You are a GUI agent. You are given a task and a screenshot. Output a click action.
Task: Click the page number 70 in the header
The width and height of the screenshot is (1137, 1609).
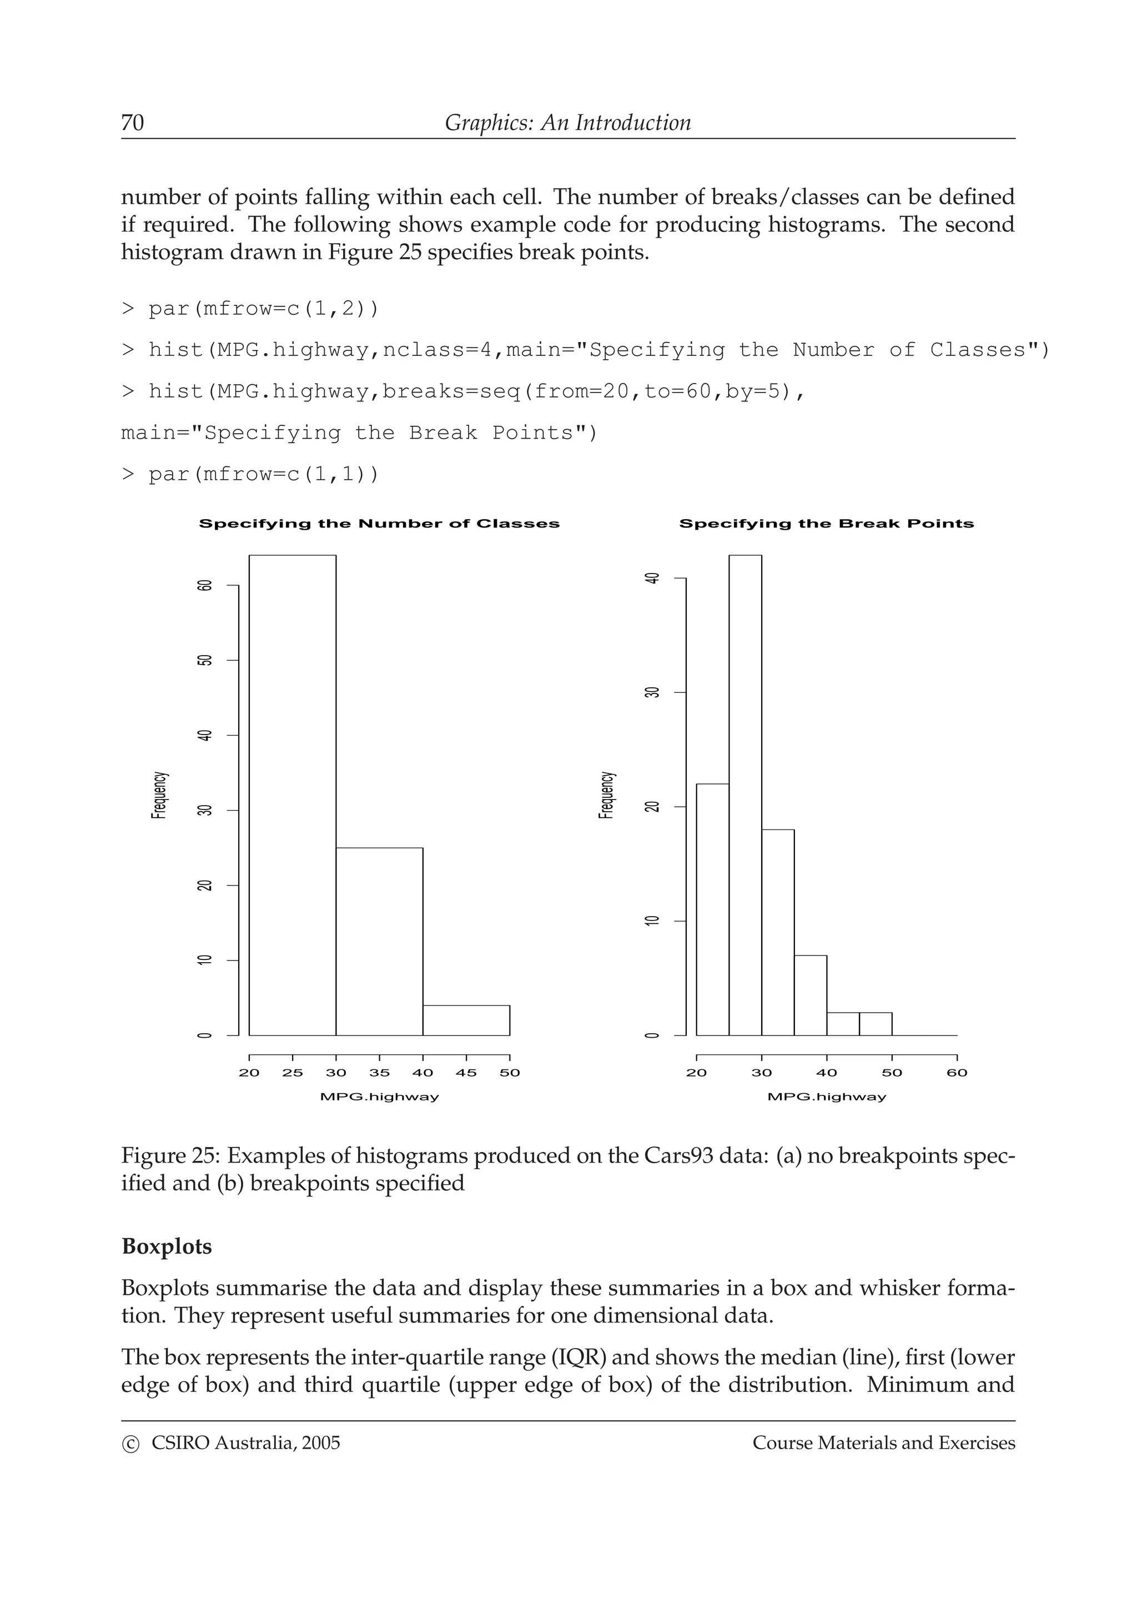(x=132, y=123)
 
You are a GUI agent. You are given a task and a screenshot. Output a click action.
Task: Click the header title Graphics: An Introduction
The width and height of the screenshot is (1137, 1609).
(x=567, y=123)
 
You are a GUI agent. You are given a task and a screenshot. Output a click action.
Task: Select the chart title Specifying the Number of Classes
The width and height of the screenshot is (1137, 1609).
(x=379, y=524)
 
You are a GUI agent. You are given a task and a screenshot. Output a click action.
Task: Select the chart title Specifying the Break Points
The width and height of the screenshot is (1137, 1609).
(x=826, y=524)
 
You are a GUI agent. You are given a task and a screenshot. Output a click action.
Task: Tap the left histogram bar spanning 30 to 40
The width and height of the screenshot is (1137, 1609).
(x=379, y=941)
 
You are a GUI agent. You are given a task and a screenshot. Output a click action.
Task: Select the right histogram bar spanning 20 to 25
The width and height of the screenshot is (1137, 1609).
(x=712, y=909)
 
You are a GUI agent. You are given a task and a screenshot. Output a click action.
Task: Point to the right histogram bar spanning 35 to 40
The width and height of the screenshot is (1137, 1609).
(x=810, y=995)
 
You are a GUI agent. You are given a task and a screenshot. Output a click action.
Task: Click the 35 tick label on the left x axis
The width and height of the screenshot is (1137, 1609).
(x=379, y=1073)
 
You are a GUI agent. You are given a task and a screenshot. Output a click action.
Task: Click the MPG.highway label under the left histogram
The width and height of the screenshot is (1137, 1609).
(x=379, y=1097)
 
